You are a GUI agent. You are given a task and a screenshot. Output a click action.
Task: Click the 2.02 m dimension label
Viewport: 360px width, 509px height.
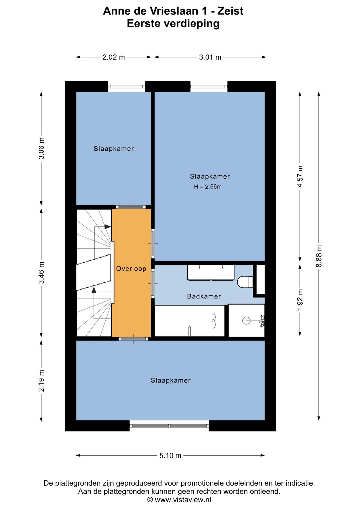pyautogui.click(x=114, y=57)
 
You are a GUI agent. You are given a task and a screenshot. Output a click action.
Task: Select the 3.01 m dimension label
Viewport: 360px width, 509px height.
pyautogui.click(x=210, y=57)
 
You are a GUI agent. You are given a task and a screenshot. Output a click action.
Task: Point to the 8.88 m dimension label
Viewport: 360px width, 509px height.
pyautogui.click(x=319, y=256)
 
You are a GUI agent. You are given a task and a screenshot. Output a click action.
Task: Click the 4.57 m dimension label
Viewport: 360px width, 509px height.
pyautogui.click(x=300, y=176)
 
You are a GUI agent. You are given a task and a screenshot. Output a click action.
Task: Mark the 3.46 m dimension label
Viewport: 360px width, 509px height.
pyautogui.click(x=42, y=273)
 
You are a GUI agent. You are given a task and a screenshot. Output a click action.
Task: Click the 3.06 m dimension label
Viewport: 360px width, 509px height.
pyautogui.click(x=42, y=148)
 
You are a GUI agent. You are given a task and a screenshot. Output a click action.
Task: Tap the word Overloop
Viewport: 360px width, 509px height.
pyautogui.click(x=131, y=269)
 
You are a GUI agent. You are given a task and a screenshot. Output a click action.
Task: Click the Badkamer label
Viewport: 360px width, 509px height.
pyautogui.click(x=204, y=296)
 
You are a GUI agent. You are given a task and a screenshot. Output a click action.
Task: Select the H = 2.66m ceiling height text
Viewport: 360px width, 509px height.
pyautogui.click(x=208, y=187)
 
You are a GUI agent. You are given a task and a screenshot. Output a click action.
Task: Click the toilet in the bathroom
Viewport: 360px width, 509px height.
pyautogui.click(x=245, y=282)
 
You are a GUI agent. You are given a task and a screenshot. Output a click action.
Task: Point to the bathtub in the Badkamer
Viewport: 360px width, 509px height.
pyautogui.click(x=189, y=321)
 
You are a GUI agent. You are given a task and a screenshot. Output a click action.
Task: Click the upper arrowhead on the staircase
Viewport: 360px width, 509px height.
pyautogui.click(x=107, y=226)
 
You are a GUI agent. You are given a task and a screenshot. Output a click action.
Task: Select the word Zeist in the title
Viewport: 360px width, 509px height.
pyautogui.click(x=230, y=11)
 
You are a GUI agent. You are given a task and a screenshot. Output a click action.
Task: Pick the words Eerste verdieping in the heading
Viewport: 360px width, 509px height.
pyautogui.click(x=173, y=23)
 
